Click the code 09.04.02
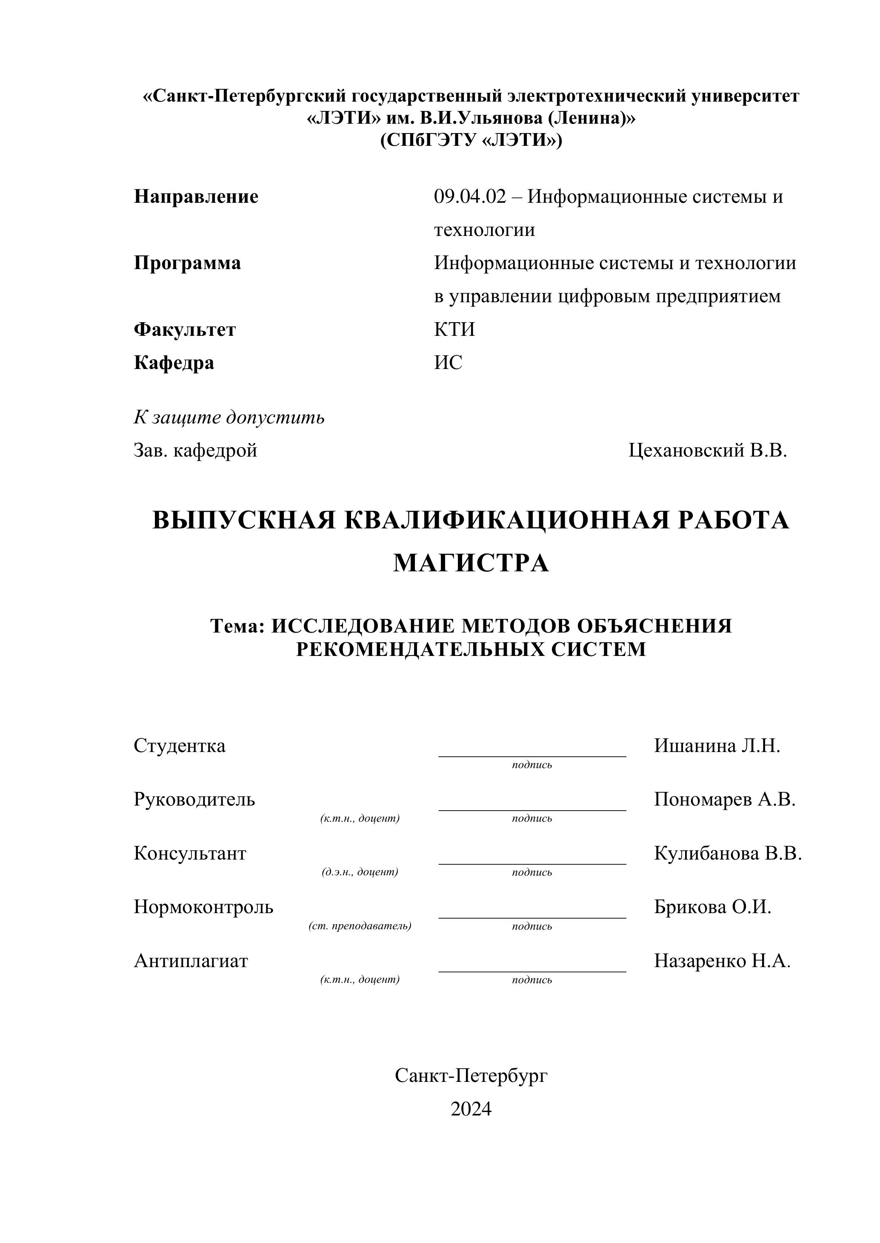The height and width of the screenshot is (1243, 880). (470, 196)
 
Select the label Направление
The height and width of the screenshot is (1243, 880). (196, 196)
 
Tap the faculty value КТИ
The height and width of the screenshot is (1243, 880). (454, 329)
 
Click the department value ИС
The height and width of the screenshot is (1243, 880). (448, 362)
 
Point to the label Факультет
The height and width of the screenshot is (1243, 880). (185, 329)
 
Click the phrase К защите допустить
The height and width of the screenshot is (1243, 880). (229, 417)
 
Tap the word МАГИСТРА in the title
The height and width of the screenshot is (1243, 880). (471, 563)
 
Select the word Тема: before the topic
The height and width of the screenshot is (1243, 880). (238, 626)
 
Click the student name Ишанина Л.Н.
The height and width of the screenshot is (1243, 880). (717, 746)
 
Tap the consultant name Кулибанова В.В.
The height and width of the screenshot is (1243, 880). (728, 853)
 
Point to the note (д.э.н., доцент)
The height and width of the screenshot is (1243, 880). (360, 872)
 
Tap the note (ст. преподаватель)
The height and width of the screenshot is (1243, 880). (360, 926)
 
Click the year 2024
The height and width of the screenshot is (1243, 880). (471, 1109)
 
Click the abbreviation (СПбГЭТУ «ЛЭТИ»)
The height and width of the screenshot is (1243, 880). (471, 140)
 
